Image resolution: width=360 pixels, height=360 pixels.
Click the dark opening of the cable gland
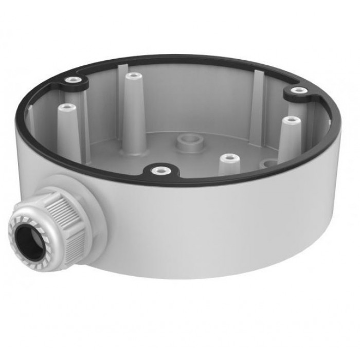[x=27, y=239]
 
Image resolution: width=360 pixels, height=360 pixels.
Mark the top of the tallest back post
[x=133, y=76]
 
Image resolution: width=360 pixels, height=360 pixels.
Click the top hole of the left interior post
[x=66, y=107]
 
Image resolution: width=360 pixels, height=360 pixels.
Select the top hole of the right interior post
[x=293, y=120]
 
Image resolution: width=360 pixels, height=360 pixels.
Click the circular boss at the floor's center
[x=187, y=142]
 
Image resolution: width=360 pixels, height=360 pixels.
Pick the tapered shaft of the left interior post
[x=67, y=131]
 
